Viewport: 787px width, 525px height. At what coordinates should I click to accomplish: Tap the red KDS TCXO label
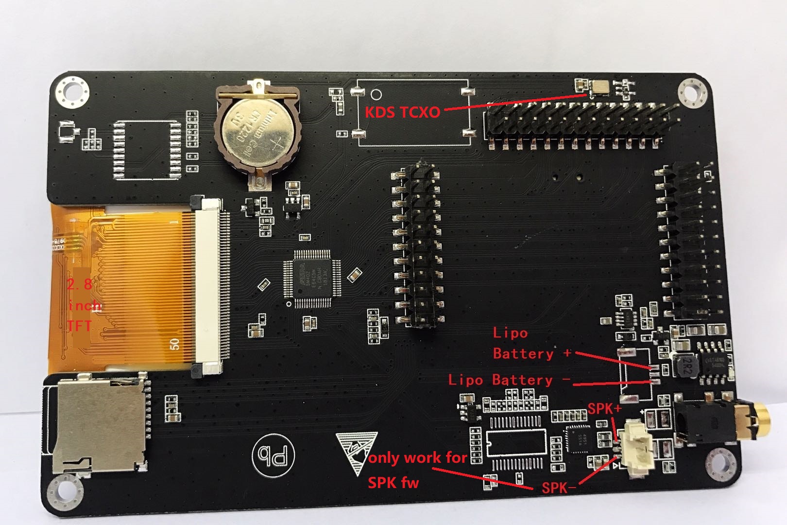[x=402, y=112]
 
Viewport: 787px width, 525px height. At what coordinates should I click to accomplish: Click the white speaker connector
[x=637, y=448]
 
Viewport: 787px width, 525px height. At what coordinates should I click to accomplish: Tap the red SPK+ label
[x=604, y=409]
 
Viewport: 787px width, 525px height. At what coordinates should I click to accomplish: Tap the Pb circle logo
[x=273, y=455]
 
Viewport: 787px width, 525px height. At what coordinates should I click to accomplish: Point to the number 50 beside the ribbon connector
[x=175, y=344]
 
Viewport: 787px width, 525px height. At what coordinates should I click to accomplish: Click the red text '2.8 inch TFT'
[x=84, y=305]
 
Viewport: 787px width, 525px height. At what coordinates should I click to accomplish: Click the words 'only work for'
[x=418, y=457]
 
